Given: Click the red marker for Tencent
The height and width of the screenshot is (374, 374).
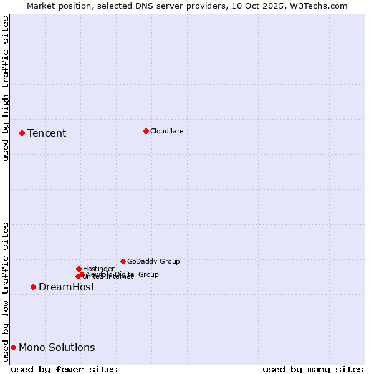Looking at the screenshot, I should tap(22, 133).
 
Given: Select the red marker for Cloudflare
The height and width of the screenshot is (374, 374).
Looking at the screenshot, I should tap(146, 131).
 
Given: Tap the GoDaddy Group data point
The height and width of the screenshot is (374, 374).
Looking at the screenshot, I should tap(123, 261).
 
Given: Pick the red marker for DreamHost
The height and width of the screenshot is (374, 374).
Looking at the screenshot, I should tap(33, 287).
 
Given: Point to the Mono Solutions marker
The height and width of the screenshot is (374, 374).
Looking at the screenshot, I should tap(13, 347).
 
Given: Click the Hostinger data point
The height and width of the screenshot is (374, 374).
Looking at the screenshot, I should tap(79, 269).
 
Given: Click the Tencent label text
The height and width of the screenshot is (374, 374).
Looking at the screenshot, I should tap(47, 133).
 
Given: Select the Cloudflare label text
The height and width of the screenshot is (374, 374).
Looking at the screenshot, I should tap(166, 131).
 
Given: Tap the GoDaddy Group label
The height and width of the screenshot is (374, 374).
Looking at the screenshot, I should tap(153, 261).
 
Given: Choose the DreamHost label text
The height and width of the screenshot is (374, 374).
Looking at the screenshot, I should tap(67, 287).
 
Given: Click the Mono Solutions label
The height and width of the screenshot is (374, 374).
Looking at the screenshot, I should tap(57, 347).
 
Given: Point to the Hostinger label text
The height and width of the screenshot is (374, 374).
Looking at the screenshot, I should tap(98, 269).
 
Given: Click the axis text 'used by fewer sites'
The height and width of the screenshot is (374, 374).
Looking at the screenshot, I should tap(64, 369).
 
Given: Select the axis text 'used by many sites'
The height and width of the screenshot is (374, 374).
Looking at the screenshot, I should tap(313, 369).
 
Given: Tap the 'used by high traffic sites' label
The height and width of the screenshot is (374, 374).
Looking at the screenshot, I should tap(6, 89).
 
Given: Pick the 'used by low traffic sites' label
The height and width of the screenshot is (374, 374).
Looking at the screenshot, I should tap(6, 291).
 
